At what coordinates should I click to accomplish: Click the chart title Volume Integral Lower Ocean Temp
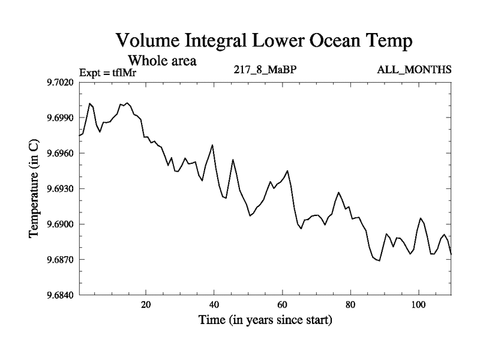[265, 41]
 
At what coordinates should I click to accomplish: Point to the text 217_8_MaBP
[265, 70]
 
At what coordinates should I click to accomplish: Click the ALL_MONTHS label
[414, 70]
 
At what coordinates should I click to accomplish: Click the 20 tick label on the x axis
[146, 305]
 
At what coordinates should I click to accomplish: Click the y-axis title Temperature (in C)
[34, 188]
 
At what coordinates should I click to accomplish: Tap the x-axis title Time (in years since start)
[265, 320]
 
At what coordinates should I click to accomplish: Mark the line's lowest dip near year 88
[379, 260]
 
